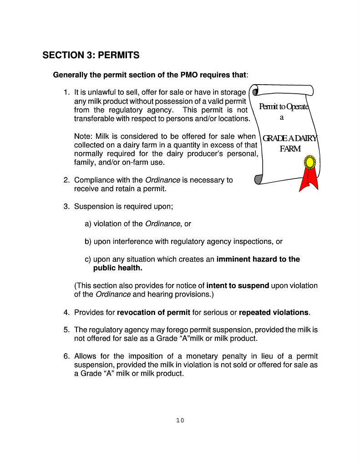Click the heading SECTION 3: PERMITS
pos(91,56)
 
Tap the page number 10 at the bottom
pos(180,420)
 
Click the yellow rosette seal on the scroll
pos(310,162)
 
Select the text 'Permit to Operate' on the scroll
pos(284,106)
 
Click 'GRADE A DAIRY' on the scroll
pos(289,138)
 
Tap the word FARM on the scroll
pos(290,149)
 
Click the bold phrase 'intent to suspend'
pos(238,286)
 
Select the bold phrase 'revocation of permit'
pos(153,312)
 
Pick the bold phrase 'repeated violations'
pos(274,312)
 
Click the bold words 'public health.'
pos(117,268)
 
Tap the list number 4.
pos(66,312)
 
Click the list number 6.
pos(66,356)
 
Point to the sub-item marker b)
pos(88,241)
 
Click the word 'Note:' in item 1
pos(83,136)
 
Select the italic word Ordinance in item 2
pos(162,180)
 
